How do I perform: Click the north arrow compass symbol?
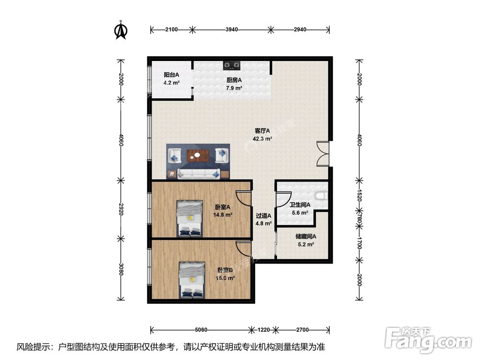pyautogui.click(x=120, y=30)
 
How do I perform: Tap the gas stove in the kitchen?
pyautogui.click(x=232, y=64)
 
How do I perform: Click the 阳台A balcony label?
pyautogui.click(x=171, y=75)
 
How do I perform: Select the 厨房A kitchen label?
pyautogui.click(x=234, y=81)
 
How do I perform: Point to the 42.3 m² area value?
pyautogui.click(x=263, y=139)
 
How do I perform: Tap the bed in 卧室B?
pyautogui.click(x=192, y=280)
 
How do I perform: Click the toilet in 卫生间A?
pyautogui.click(x=323, y=195)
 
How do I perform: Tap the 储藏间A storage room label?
pyautogui.click(x=305, y=236)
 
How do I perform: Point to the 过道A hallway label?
pyautogui.click(x=264, y=216)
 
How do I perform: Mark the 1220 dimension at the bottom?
pyautogui.click(x=264, y=330)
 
